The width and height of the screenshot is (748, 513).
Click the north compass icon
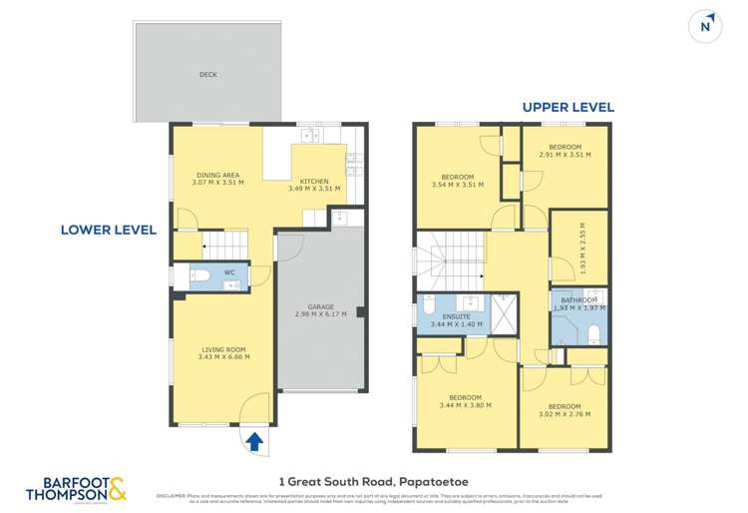click(x=707, y=27)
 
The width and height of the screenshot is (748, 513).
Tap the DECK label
click(x=207, y=74)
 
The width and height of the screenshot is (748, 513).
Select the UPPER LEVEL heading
click(x=568, y=107)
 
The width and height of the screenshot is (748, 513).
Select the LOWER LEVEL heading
click(x=108, y=230)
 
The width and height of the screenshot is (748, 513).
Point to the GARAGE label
click(x=320, y=306)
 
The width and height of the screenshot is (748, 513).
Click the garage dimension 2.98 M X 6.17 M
click(x=320, y=314)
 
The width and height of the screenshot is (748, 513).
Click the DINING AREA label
click(x=216, y=175)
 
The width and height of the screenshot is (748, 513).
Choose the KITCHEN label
click(x=314, y=181)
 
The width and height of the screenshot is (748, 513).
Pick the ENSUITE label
click(x=456, y=317)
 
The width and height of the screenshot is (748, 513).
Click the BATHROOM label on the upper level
click(x=578, y=300)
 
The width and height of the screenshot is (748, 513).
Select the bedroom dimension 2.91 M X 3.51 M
click(x=565, y=155)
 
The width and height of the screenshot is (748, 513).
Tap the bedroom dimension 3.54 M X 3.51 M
click(x=458, y=185)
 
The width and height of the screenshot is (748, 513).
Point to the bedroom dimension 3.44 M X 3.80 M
click(x=465, y=405)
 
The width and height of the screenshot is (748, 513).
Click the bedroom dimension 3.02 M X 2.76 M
click(x=564, y=414)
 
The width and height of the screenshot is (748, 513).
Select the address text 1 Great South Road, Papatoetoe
click(x=375, y=479)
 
